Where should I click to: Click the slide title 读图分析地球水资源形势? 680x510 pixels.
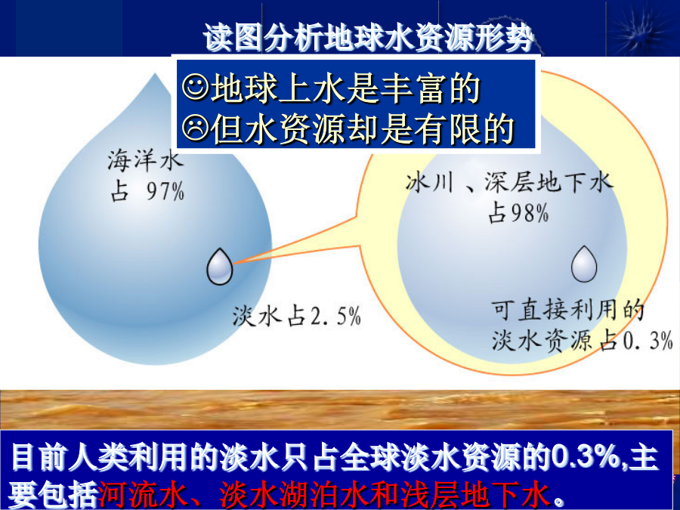tap(368, 37)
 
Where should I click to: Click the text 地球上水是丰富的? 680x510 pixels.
tap(345, 88)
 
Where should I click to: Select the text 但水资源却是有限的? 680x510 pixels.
tap(363, 128)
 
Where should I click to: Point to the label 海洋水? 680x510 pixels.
tap(145, 160)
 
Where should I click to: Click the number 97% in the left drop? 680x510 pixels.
tap(165, 191)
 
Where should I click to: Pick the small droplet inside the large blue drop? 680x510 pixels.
tap(219, 267)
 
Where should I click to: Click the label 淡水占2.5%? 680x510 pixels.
tap(297, 316)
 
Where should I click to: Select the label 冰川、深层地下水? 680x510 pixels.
tap(509, 183)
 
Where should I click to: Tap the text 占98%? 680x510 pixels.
tap(518, 213)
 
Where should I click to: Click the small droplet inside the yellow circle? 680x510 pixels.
tap(584, 264)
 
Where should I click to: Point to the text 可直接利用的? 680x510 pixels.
tap(567, 310)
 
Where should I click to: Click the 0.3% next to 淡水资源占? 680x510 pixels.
tap(648, 341)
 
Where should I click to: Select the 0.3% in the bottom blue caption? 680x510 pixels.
tap(587, 456)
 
